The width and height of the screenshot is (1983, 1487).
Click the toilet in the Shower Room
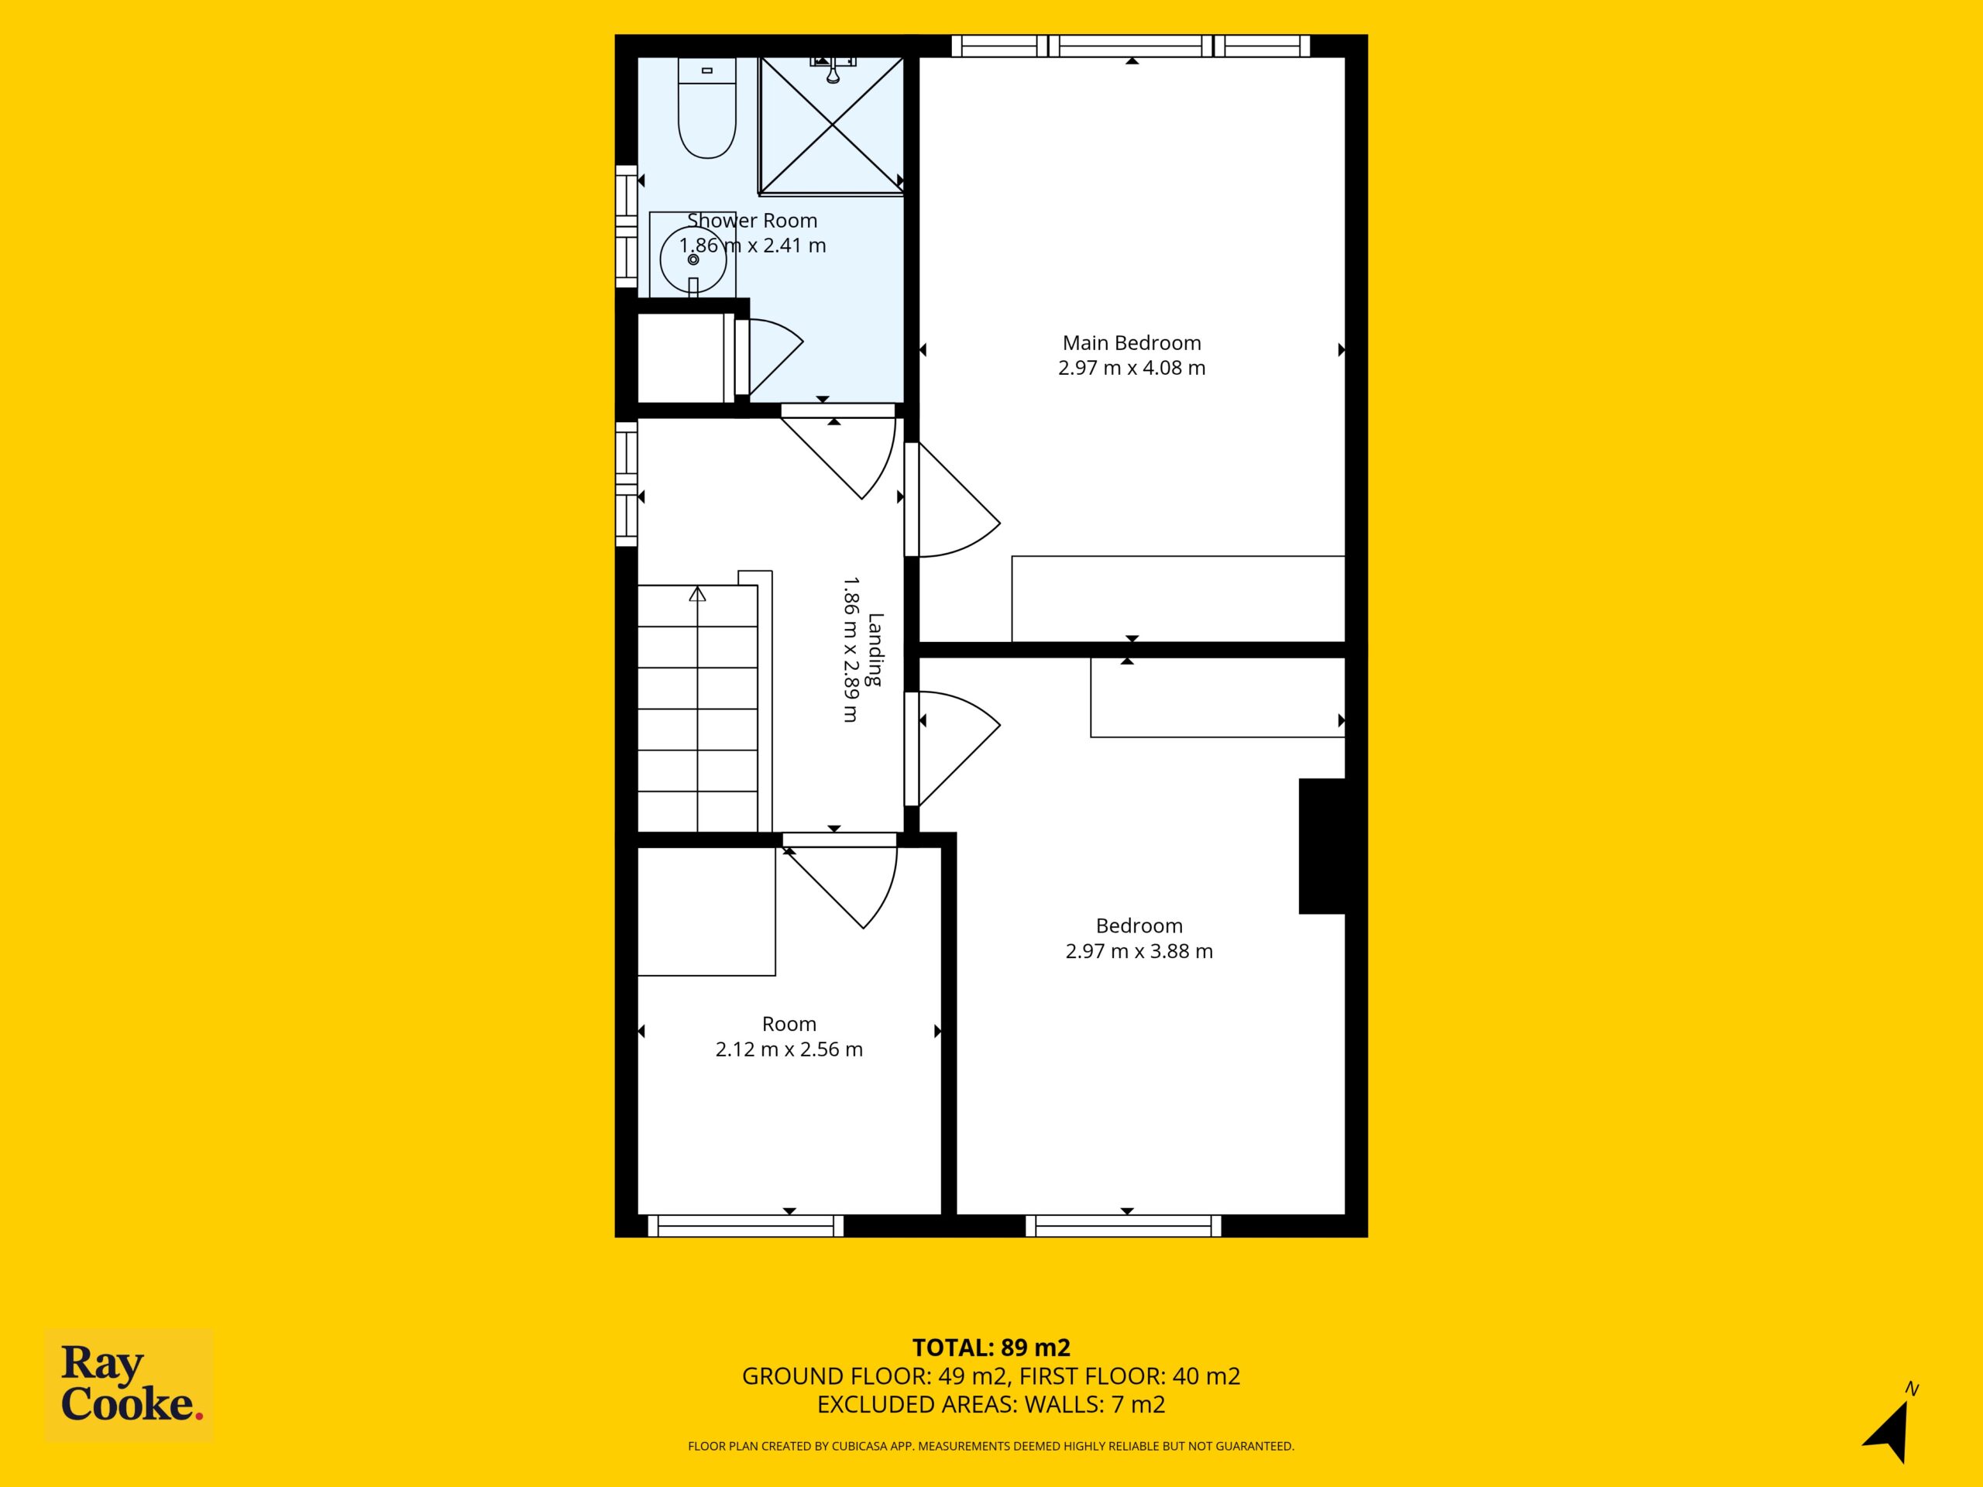coord(707,108)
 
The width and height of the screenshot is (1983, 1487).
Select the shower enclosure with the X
coord(831,125)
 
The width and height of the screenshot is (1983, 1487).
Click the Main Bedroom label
coord(1132,342)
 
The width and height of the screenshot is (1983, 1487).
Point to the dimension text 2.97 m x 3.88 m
coord(1139,951)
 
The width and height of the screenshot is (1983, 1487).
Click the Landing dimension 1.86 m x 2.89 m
coord(851,649)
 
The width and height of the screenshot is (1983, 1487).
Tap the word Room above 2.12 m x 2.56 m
coord(789,1024)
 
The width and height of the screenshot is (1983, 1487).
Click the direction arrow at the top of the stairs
coord(697,593)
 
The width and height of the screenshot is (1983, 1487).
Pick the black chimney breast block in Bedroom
coord(1322,847)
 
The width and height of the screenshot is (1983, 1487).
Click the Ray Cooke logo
coord(129,1384)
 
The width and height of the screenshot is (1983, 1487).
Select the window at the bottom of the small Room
coord(746,1226)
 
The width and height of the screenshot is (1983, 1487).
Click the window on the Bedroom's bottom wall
coord(1123,1226)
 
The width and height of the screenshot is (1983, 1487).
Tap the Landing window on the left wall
coord(626,483)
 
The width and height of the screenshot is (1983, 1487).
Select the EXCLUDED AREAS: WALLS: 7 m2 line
coord(991,1405)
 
